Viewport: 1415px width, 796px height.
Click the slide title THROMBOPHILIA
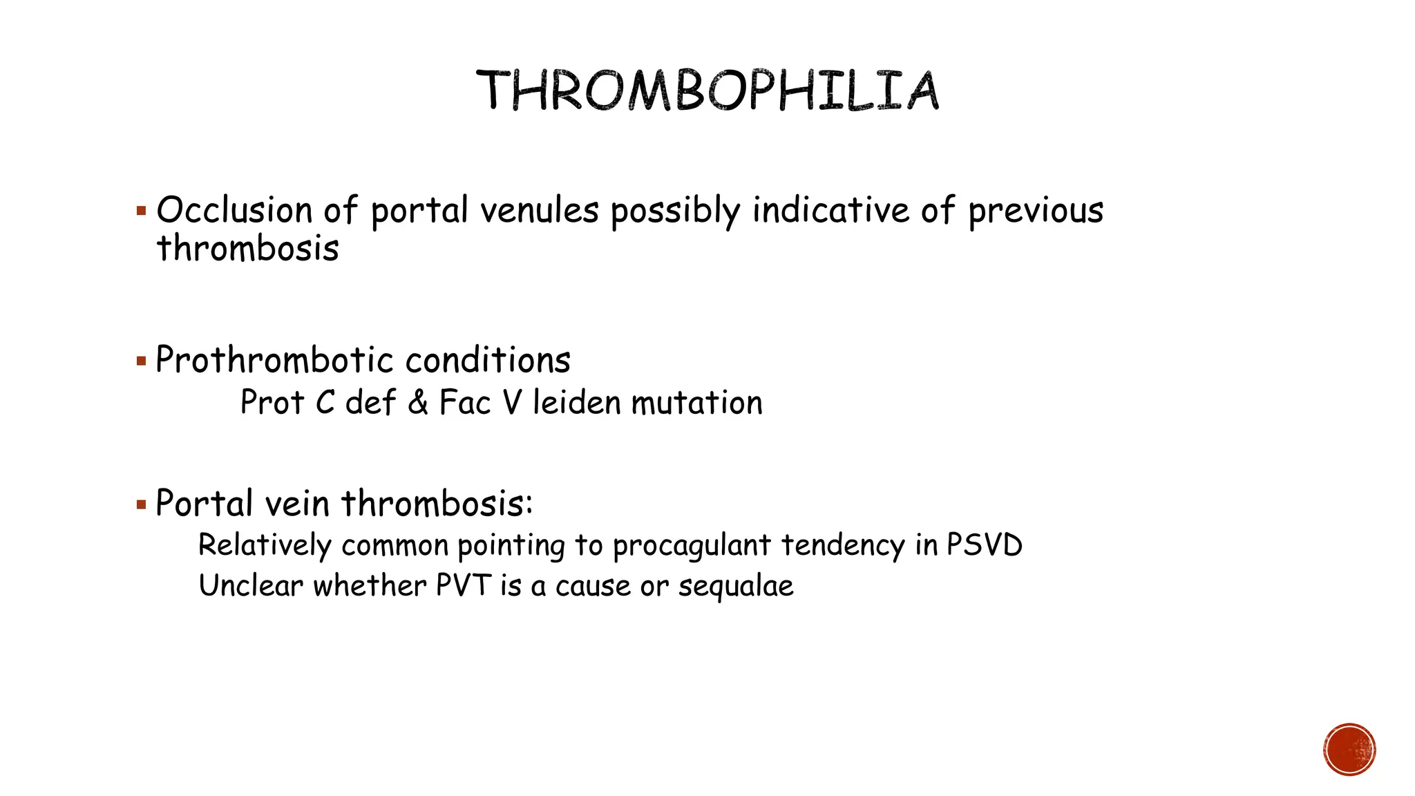[x=707, y=91]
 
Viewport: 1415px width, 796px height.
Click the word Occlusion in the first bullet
[x=234, y=210]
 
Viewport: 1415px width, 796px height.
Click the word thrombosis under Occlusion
[x=247, y=249]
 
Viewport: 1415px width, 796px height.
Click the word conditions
[x=488, y=360]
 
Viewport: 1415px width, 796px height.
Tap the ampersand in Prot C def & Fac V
[x=417, y=402]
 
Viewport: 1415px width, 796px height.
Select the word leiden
[x=576, y=402]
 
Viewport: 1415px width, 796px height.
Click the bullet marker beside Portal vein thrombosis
[x=142, y=504]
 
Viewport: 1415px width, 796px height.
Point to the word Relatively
[x=265, y=545]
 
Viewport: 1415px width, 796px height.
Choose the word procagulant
[x=691, y=546]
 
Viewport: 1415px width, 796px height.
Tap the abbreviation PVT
[x=463, y=585]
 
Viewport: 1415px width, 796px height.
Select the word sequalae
[x=735, y=587]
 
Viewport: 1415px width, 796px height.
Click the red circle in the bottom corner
[x=1349, y=750]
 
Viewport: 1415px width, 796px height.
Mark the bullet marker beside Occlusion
[x=142, y=211]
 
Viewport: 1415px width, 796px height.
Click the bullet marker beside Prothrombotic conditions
[x=142, y=361]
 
